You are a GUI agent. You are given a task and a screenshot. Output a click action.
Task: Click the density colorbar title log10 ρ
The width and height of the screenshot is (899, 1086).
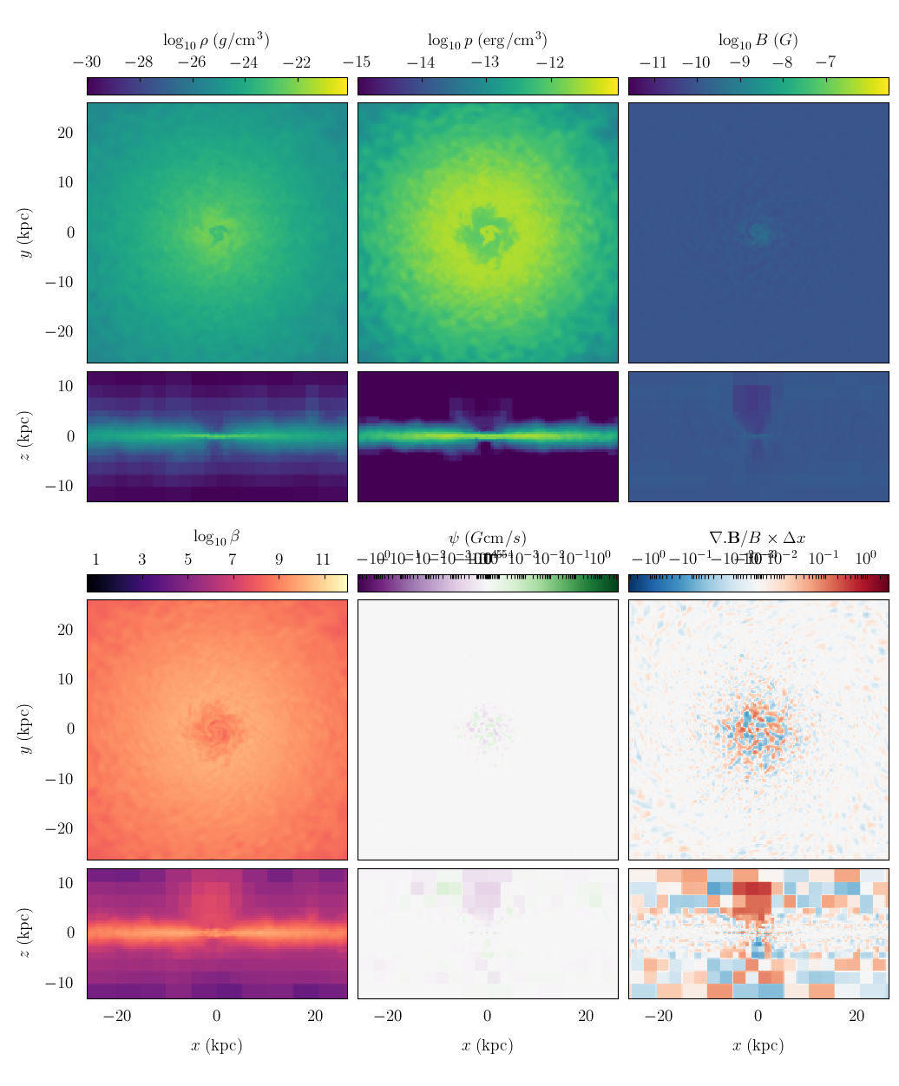click(x=216, y=40)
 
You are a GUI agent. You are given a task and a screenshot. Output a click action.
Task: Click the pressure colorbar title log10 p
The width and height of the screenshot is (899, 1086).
click(x=487, y=40)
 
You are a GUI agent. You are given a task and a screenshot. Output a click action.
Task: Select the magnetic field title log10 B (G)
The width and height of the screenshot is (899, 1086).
click(x=758, y=40)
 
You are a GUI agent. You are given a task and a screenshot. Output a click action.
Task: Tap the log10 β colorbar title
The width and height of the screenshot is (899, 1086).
click(x=216, y=537)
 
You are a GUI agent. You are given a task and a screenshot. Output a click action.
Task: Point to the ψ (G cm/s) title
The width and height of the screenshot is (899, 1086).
click(x=487, y=538)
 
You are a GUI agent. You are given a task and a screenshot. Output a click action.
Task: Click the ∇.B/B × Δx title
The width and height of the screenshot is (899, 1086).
click(x=758, y=538)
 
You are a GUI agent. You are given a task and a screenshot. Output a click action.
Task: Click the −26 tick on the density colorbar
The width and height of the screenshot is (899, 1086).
click(x=192, y=62)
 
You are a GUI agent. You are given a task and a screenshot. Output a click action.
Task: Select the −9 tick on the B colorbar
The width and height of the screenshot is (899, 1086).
click(x=739, y=62)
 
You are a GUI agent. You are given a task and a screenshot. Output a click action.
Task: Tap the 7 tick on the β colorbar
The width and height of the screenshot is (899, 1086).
click(x=233, y=559)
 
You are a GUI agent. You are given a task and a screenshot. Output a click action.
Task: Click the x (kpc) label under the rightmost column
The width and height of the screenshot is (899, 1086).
click(x=758, y=1045)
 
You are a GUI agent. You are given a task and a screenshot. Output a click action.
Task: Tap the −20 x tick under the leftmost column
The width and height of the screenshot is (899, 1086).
click(x=117, y=1016)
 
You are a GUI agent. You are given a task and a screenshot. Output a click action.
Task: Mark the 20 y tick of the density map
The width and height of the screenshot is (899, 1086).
click(x=65, y=133)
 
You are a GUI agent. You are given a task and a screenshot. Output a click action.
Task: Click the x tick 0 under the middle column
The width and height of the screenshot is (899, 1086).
click(x=487, y=1016)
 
